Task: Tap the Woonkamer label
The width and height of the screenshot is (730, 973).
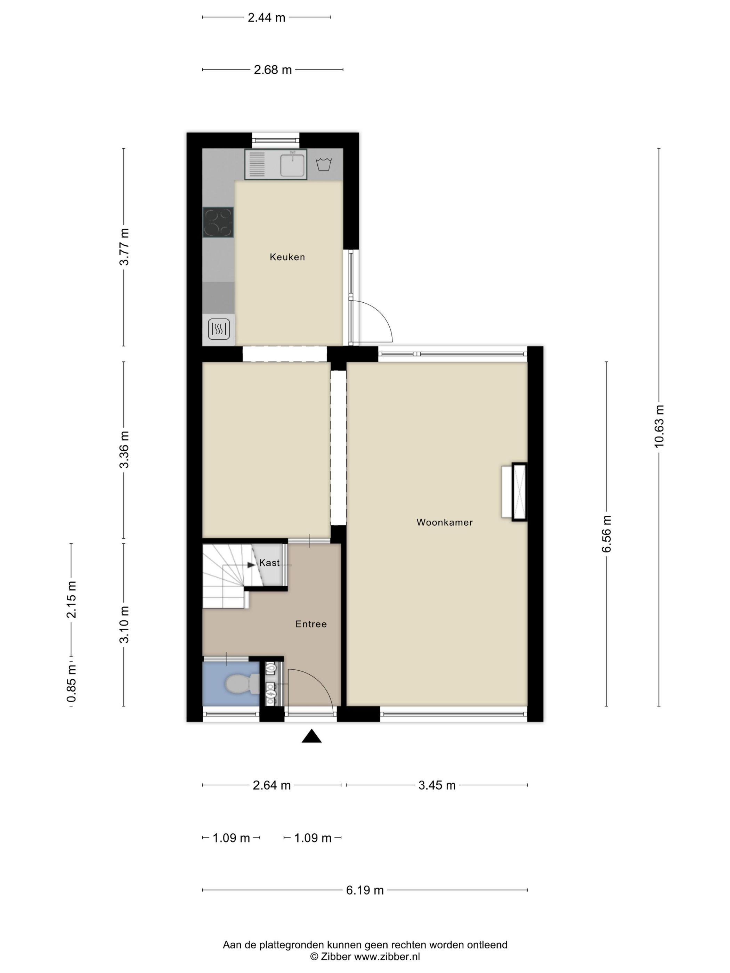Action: point(444,522)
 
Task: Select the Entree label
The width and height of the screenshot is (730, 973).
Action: point(311,624)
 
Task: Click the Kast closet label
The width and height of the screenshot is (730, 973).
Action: point(269,563)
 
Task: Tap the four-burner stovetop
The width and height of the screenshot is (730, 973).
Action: point(218,222)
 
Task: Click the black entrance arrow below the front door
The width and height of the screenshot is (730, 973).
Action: point(311,736)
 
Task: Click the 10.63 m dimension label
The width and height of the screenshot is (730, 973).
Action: point(659,426)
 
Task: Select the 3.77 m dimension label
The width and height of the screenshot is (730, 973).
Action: point(124,247)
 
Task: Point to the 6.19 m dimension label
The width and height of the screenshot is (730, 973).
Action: point(365,890)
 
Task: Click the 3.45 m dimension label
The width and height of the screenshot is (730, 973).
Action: point(437,785)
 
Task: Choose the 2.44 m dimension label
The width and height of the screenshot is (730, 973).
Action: point(267,18)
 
